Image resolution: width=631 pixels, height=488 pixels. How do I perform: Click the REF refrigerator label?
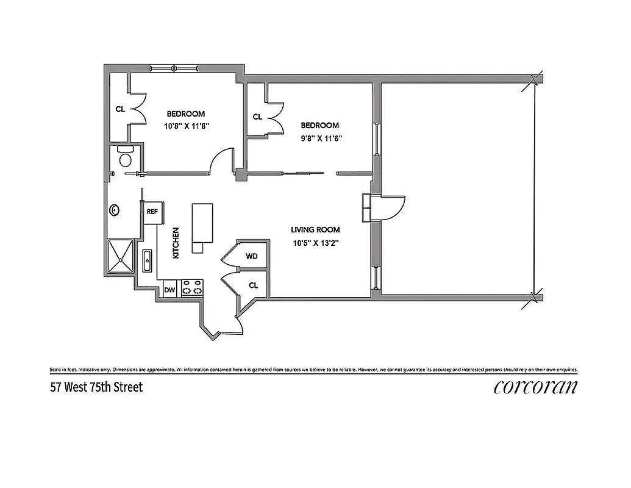tap(152, 212)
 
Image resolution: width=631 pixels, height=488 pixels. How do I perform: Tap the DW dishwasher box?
tap(170, 290)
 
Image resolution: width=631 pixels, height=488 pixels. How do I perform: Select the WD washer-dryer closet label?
tap(251, 257)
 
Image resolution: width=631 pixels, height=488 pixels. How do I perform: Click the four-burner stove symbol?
tap(193, 288)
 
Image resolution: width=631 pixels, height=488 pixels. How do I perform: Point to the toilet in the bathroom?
tap(126, 159)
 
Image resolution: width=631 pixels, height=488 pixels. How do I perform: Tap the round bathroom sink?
tap(114, 211)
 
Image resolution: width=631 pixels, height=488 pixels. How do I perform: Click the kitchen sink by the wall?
tap(148, 261)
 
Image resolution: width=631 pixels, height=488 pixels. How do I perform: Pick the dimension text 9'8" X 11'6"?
tap(321, 138)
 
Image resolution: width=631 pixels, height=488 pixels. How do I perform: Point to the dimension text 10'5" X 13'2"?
tap(315, 243)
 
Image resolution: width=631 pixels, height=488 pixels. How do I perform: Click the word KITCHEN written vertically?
tap(176, 243)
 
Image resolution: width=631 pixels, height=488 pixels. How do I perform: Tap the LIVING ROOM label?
tap(315, 230)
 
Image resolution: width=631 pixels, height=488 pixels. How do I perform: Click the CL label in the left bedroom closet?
tap(120, 110)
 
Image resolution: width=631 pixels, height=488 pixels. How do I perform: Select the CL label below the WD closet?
tap(253, 285)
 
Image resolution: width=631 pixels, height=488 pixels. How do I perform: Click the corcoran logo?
tap(535, 387)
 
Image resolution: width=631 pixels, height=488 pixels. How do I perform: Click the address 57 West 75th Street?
tap(96, 387)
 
